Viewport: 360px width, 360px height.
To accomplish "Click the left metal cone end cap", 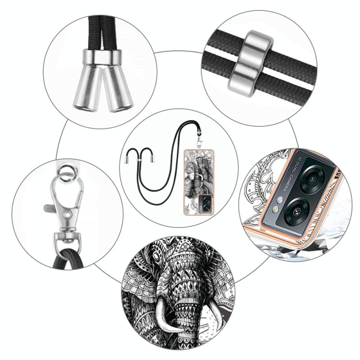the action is (87, 88).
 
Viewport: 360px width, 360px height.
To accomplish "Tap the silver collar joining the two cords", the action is (102, 58).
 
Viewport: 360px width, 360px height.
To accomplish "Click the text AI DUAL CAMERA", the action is (287, 174).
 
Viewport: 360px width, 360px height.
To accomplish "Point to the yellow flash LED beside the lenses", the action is (276, 209).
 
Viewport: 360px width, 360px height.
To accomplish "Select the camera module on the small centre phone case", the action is (205, 204).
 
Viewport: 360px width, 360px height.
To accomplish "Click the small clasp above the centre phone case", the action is (199, 141).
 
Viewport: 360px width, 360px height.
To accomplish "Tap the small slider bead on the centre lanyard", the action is (138, 160).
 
